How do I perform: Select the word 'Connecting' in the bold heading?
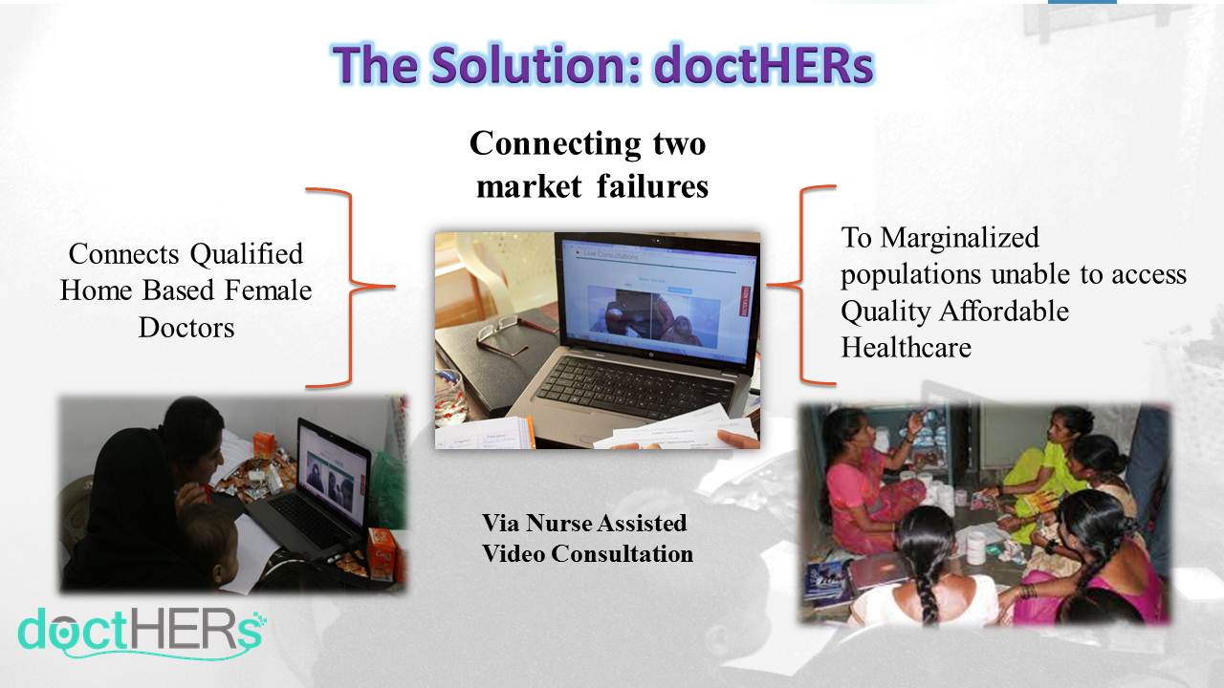tap(555, 144)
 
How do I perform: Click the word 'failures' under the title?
tap(652, 185)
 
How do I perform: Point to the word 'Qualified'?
tap(246, 254)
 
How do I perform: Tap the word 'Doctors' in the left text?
tap(186, 328)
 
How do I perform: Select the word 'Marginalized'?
tap(959, 238)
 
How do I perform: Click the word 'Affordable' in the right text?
tap(1004, 312)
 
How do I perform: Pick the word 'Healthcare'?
tap(906, 347)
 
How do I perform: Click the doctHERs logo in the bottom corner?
tap(141, 634)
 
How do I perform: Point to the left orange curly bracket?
tap(350, 287)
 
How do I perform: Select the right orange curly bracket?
tap(801, 285)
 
